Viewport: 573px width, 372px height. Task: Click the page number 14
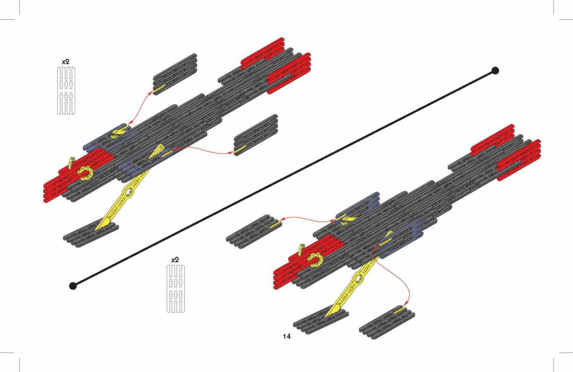[x=286, y=336]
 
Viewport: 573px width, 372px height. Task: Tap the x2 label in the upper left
[x=66, y=62]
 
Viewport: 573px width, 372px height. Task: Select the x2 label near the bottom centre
[x=176, y=260]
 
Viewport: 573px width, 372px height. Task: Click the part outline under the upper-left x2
[x=66, y=91]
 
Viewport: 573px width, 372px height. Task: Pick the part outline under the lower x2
[x=176, y=289]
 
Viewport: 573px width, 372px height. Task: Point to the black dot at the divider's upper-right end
[x=495, y=70]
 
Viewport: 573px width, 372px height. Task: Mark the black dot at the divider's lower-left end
[x=73, y=286]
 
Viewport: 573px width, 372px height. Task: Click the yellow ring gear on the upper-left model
[x=85, y=173]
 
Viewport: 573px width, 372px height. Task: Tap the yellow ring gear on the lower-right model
[x=315, y=260]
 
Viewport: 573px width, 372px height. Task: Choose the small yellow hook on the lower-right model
[x=301, y=249]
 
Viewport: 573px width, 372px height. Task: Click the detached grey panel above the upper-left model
[x=175, y=74]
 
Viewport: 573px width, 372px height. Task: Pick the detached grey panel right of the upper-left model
[x=256, y=135]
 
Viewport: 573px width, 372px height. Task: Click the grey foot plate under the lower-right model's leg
[x=321, y=319]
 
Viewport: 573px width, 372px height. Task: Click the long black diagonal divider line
[x=284, y=178]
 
